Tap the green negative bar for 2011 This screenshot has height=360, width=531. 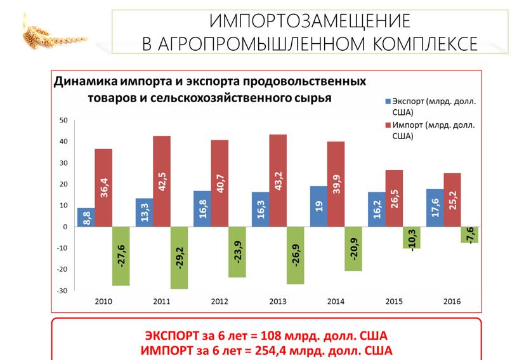(180, 257)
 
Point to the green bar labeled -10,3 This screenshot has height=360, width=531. (412, 237)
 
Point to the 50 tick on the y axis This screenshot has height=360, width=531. (63, 120)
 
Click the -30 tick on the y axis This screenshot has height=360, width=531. (62, 291)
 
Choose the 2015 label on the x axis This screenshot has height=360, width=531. (393, 301)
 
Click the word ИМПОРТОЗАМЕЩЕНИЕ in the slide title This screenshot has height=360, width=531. (310, 21)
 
